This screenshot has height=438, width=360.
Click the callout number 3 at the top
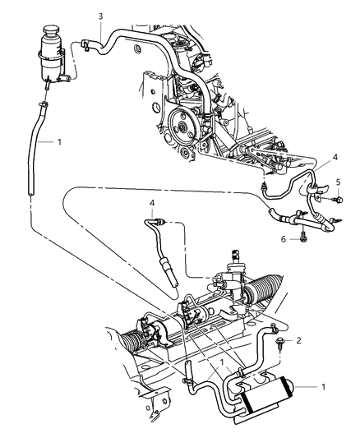pos(101,16)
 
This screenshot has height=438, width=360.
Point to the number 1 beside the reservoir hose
pos(59,142)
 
